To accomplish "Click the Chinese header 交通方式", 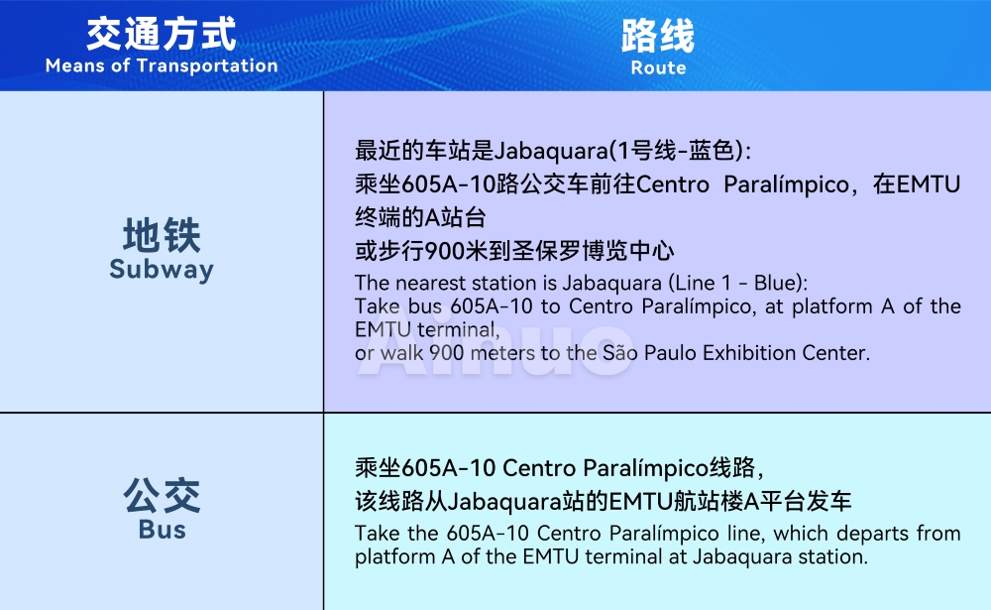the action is click(x=162, y=34).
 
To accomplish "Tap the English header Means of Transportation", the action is click(x=162, y=65).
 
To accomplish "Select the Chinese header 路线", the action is click(x=658, y=36).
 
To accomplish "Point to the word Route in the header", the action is click(x=658, y=67).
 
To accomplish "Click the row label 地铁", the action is click(x=162, y=235).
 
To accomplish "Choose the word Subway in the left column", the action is click(x=162, y=270).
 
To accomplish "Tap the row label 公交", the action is click(x=162, y=496).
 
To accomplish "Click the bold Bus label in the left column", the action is click(x=162, y=530).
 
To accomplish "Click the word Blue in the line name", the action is click(x=776, y=283).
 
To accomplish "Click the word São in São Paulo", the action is click(x=619, y=352).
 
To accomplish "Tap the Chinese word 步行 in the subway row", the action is click(x=401, y=251).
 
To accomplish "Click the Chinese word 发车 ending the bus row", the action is click(x=829, y=502).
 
